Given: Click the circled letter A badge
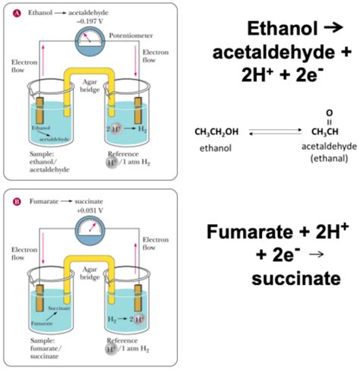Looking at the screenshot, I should point(19,13).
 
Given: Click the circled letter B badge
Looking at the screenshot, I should point(19,204).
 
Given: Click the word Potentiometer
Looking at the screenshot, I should point(131,35).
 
